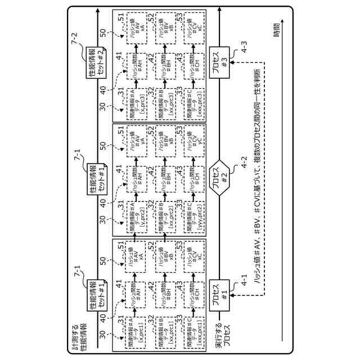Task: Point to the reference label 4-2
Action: [244, 163]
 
